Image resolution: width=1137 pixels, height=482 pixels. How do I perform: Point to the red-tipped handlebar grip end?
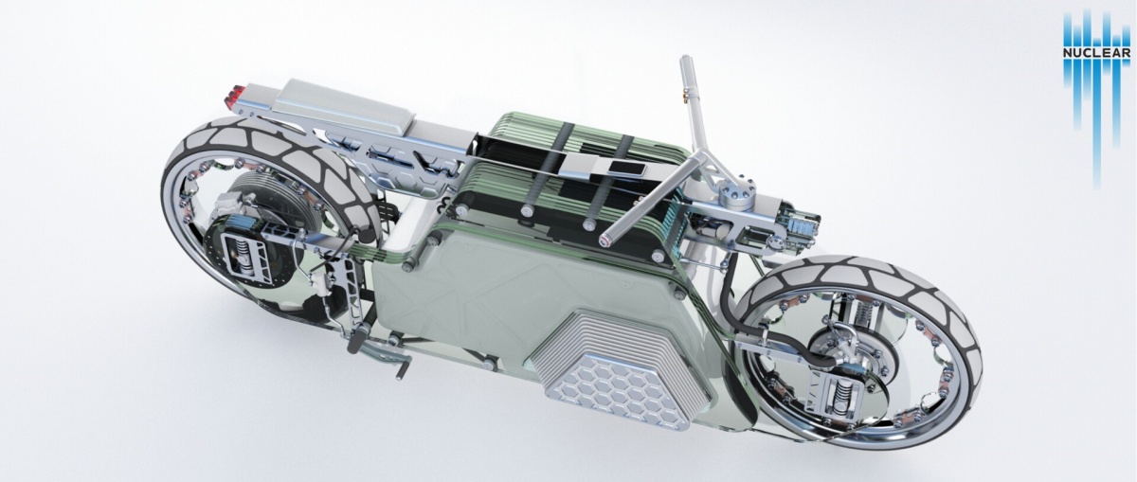pos(605,240)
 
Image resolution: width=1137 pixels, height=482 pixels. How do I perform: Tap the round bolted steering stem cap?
pos(737,194)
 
